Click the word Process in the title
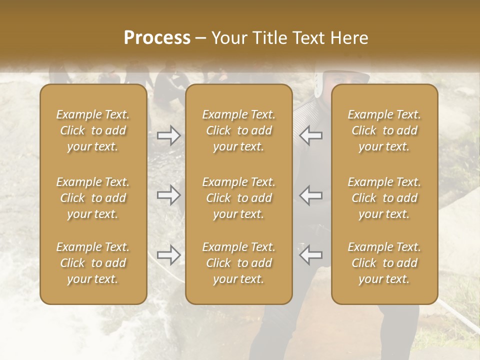[x=157, y=38]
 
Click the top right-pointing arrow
[x=168, y=135]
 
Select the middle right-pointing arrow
[x=168, y=195]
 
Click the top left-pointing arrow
[x=311, y=135]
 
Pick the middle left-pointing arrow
[x=311, y=195]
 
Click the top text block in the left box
[x=93, y=130]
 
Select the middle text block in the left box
[x=93, y=198]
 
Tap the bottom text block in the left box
[x=93, y=263]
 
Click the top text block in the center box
[x=238, y=130]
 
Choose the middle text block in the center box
[x=238, y=198]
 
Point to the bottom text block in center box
[x=238, y=263]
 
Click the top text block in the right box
[x=384, y=130]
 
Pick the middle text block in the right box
[x=384, y=198]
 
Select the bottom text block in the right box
[x=384, y=263]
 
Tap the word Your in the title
[x=229, y=38]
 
